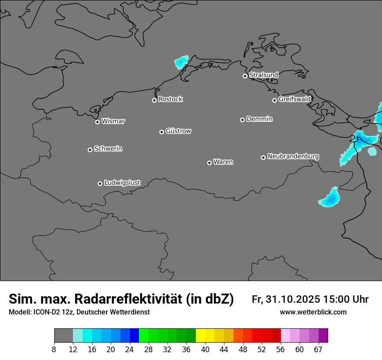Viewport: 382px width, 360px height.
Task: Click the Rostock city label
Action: click(x=170, y=99)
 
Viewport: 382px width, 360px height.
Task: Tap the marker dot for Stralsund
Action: click(x=245, y=76)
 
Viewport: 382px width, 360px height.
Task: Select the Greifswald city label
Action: click(x=294, y=99)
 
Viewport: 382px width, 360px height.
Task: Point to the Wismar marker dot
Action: click(x=97, y=122)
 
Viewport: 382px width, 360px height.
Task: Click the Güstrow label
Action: click(x=178, y=131)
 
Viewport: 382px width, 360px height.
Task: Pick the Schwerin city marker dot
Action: click(x=90, y=150)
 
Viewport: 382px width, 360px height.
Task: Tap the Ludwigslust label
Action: click(x=122, y=183)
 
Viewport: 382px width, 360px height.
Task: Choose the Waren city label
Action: click(x=223, y=162)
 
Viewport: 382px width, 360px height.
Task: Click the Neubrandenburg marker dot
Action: click(x=263, y=157)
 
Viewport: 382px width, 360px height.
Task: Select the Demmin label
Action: click(x=259, y=119)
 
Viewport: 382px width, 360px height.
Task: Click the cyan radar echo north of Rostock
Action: click(x=181, y=62)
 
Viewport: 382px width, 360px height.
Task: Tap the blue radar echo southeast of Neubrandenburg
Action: click(x=331, y=198)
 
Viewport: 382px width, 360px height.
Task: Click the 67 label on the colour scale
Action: click(x=319, y=349)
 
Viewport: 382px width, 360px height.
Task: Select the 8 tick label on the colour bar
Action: click(x=54, y=349)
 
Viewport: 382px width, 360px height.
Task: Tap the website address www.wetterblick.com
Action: click(x=313, y=312)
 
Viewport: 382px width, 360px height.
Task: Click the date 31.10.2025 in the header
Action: click(x=293, y=299)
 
